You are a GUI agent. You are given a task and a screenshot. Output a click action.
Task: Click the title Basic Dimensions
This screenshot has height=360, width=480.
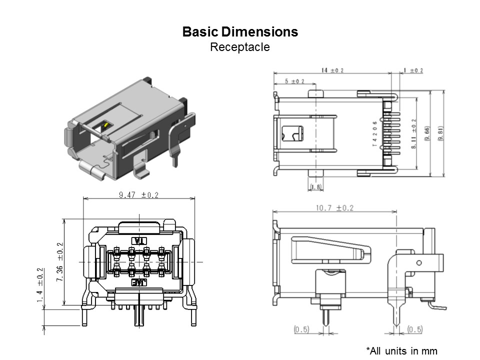240,32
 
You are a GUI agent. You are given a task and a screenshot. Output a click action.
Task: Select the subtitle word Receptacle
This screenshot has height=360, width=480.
240,47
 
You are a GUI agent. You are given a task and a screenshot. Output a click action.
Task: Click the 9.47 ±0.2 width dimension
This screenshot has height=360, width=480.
138,195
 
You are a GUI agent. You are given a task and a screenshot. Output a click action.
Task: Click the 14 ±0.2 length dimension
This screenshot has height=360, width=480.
332,70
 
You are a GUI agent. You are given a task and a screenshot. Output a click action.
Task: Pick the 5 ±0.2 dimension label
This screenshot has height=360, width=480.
294,81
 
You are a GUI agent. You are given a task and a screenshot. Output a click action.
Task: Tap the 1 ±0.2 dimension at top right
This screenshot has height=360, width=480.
412,70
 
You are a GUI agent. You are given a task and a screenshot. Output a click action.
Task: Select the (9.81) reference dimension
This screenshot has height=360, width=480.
440,133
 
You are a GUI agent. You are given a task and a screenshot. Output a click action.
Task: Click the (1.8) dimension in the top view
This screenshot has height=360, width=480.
316,187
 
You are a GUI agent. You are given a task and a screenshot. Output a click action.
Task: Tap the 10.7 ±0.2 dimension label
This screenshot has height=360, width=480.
334,208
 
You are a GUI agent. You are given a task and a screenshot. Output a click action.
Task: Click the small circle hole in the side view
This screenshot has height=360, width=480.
419,262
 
